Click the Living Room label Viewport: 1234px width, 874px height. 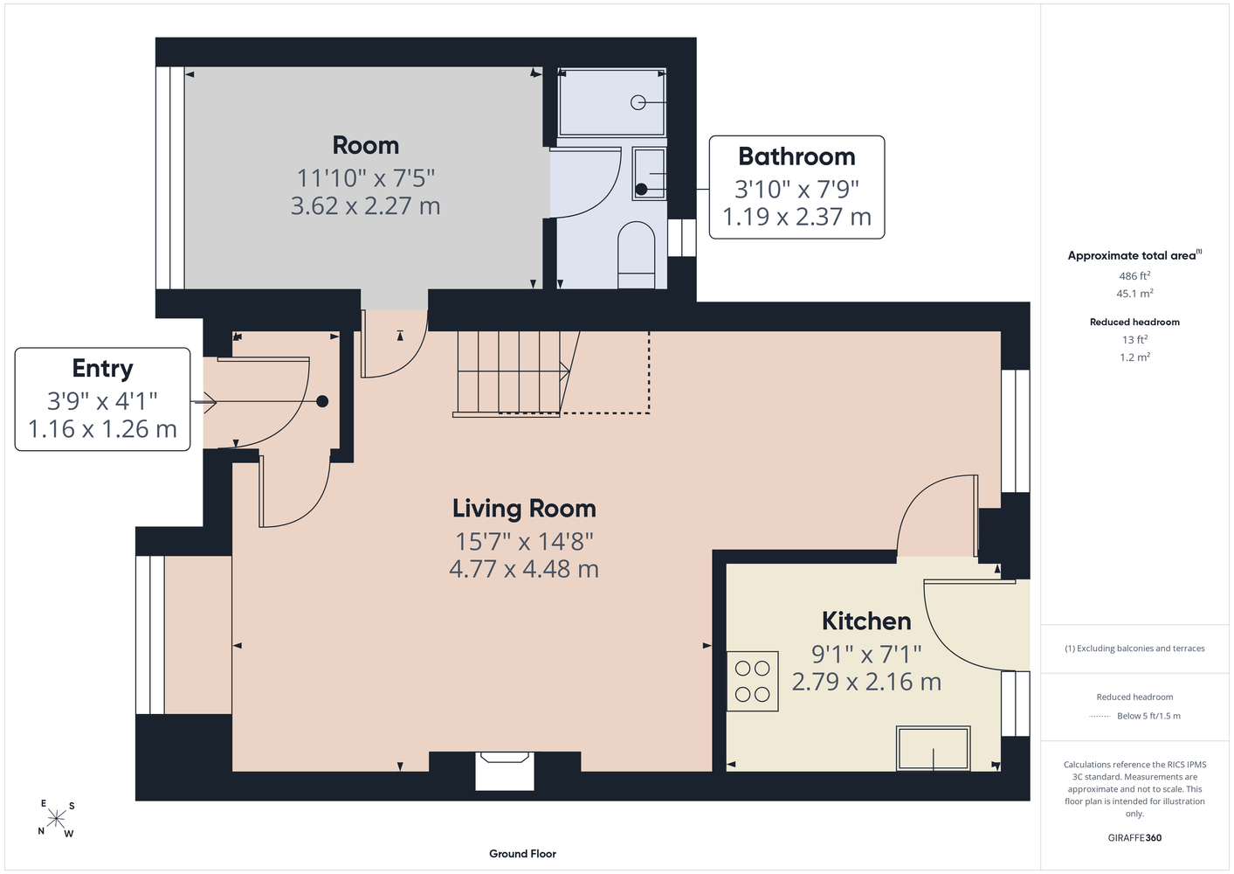524,509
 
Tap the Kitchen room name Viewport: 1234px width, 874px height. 866,621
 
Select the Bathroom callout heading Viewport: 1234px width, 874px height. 796,156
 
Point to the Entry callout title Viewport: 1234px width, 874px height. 102,369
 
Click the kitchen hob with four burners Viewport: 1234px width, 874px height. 753,681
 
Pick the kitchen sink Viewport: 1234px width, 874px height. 934,748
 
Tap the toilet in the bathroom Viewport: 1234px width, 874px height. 637,254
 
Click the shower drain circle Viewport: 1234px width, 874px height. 638,102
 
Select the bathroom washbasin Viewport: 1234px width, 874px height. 649,174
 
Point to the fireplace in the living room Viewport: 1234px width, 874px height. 505,770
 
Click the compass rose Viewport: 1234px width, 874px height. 56,818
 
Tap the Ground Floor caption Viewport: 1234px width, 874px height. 523,854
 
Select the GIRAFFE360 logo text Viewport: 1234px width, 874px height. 1134,837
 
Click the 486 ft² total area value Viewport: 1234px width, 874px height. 1134,275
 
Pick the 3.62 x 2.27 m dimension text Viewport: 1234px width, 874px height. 365,206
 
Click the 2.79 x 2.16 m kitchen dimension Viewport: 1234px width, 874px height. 866,682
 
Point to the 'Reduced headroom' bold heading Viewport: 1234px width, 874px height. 1134,322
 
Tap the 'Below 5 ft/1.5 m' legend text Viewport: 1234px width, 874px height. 1148,716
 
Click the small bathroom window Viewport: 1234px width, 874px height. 682,238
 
